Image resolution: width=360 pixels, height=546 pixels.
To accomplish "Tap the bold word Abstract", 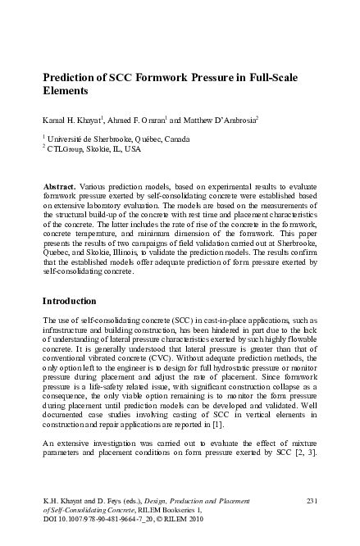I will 60,188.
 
